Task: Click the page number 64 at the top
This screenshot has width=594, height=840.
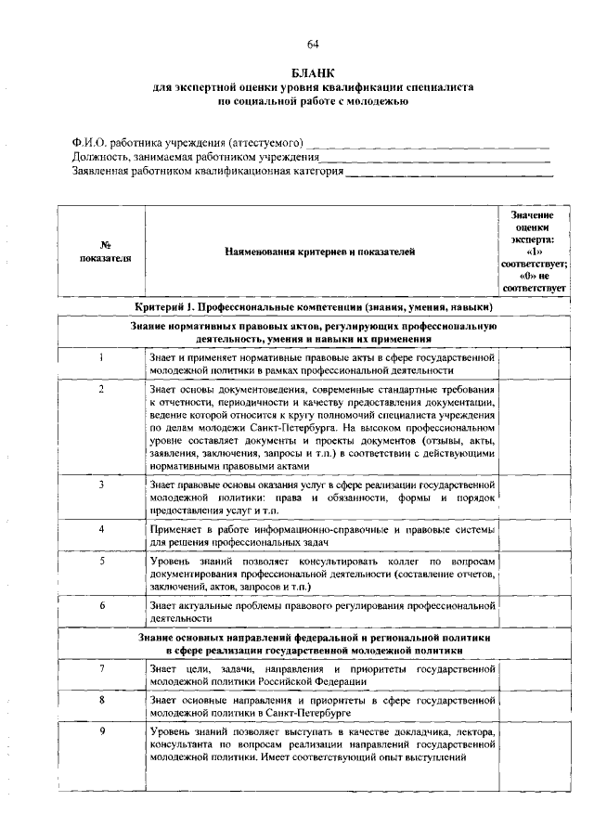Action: click(313, 44)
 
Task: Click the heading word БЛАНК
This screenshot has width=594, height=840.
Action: click(313, 72)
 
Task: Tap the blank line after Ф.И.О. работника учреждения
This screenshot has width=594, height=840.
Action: click(427, 145)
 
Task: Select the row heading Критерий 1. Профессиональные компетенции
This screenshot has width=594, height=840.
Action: click(314, 307)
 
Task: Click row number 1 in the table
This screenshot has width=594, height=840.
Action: click(99, 356)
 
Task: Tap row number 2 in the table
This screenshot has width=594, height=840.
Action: click(99, 389)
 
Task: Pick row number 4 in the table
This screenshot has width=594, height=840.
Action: click(99, 528)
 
